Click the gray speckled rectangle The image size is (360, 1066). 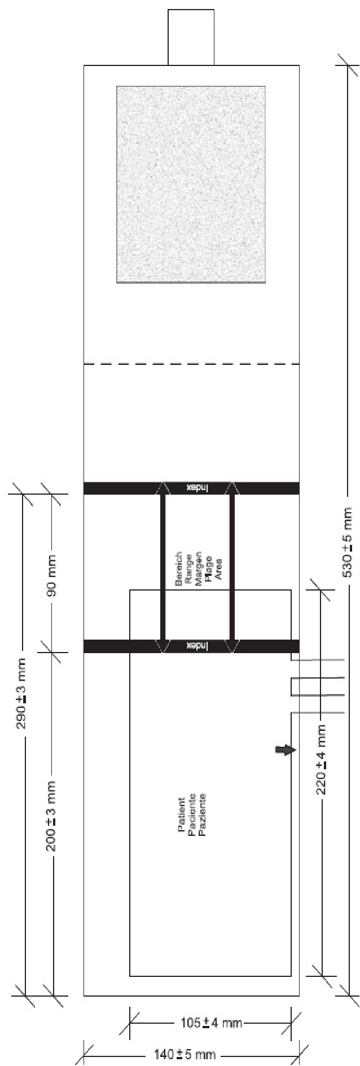point(191,184)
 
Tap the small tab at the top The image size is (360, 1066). point(191,37)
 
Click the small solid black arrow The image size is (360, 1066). point(285,750)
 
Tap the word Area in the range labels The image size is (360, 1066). point(218,566)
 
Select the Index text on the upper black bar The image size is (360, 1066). point(197,488)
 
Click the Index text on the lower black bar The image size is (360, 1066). point(197,646)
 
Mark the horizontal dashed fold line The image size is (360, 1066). point(191,364)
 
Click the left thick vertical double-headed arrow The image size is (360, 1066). point(163,567)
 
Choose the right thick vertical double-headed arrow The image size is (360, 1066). point(232,567)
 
